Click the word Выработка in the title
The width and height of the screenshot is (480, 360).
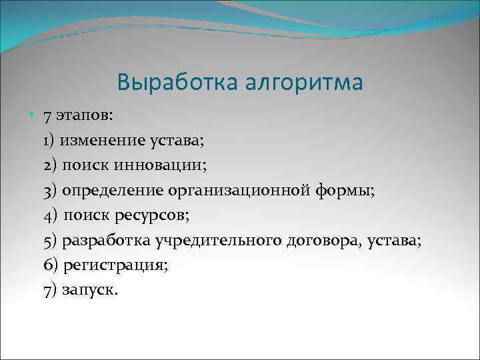coord(173,83)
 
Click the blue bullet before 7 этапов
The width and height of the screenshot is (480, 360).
coord(33,115)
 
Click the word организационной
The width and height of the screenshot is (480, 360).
coord(238,191)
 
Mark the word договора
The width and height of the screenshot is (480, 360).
coord(323,241)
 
